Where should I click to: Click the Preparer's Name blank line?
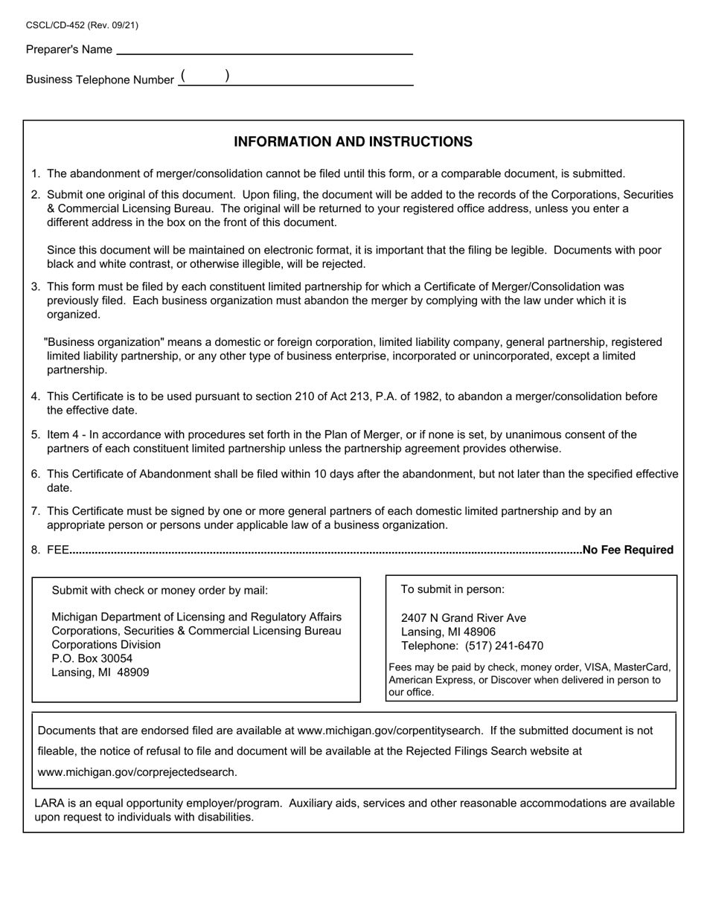pos(264,50)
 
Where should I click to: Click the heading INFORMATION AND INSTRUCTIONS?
pos(353,142)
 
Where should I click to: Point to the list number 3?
pos(35,287)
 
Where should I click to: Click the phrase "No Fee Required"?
pos(628,550)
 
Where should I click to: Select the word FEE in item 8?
pos(58,550)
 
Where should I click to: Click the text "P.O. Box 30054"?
pos(92,658)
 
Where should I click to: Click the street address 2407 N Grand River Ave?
pos(463,618)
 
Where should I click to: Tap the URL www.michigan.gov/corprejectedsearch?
pos(137,772)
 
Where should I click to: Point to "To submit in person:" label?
pos(452,590)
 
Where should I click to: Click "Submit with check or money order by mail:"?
pos(159,591)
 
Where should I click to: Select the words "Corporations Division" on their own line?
pos(106,645)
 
